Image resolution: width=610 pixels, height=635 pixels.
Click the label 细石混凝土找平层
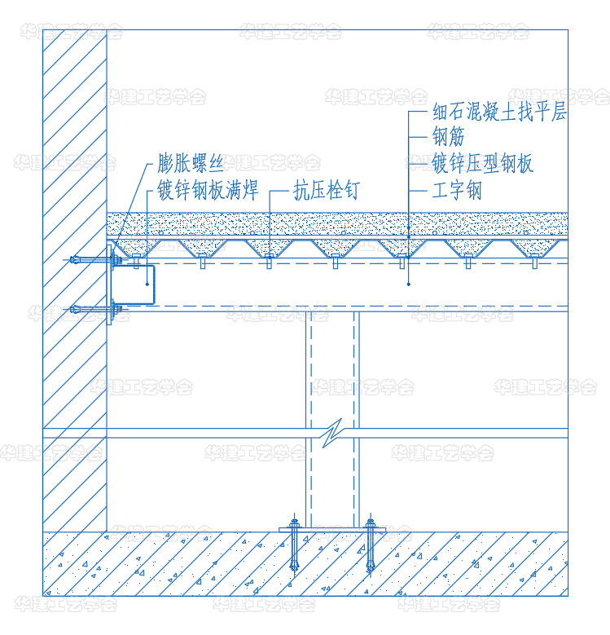pos(499,112)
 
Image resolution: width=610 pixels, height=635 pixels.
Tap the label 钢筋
pos(448,137)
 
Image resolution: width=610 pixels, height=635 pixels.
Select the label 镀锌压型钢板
pos(483,163)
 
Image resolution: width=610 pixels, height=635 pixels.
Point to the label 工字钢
pos(457,190)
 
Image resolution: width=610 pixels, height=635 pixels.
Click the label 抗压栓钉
pos(327,190)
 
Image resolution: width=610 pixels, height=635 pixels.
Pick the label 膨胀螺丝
pos(190,163)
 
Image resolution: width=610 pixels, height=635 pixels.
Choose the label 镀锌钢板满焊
pos(208,190)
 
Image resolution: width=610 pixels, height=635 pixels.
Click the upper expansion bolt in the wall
pos(95,259)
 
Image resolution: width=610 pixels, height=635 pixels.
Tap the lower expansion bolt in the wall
pos(95,310)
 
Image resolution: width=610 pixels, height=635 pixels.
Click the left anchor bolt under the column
pos(294,545)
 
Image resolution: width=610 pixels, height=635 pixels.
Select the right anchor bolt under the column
pos(370,545)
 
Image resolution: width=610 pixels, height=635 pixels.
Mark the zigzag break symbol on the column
pos(332,433)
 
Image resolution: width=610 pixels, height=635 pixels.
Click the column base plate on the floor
pos(332,530)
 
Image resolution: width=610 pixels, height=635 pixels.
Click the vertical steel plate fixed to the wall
pos(109,284)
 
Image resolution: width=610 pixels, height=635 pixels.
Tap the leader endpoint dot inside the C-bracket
pos(147,284)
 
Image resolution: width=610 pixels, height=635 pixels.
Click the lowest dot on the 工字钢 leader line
pos(409,284)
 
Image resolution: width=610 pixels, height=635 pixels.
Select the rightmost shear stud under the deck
pos(535,261)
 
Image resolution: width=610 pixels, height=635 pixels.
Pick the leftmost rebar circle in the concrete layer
pos(161,233)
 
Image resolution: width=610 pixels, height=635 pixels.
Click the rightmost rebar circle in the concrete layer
pos(526,233)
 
